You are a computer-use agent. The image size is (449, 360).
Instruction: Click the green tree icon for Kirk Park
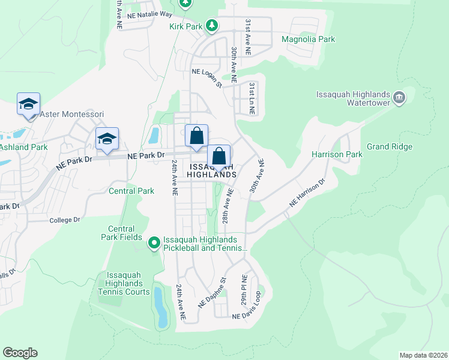(x=211, y=25)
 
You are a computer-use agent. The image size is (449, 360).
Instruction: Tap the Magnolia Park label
(x=308, y=40)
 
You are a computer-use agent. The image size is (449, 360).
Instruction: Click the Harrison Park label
(x=337, y=154)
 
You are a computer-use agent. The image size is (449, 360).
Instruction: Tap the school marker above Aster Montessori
(x=28, y=104)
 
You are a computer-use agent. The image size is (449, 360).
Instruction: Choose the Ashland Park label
(x=23, y=146)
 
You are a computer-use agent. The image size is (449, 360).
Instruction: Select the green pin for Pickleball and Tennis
(x=154, y=242)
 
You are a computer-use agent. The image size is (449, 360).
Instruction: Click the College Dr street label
(x=65, y=220)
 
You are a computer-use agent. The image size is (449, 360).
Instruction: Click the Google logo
(x=20, y=353)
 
